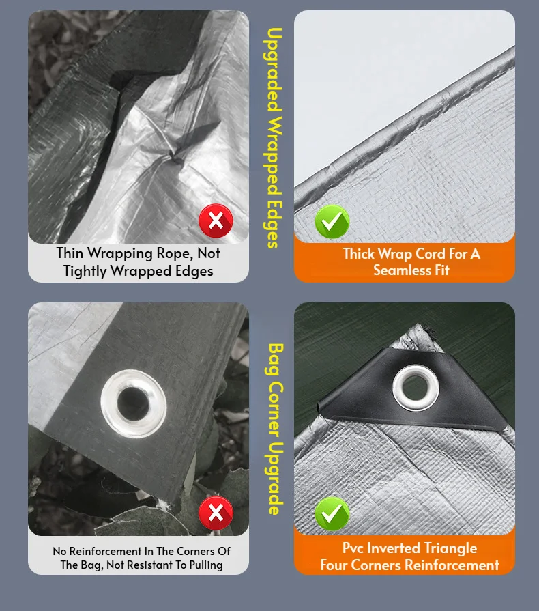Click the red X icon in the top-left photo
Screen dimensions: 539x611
(x=216, y=221)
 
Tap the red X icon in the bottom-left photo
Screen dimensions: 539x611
(x=216, y=513)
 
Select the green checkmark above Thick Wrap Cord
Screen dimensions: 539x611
(x=332, y=221)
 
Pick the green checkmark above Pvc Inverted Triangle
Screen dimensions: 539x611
(x=332, y=513)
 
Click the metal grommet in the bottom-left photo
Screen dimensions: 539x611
(x=134, y=403)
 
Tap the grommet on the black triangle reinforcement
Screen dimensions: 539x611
(x=416, y=388)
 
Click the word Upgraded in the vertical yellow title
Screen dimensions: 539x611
(x=273, y=70)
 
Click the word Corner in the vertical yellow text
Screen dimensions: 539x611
(x=276, y=408)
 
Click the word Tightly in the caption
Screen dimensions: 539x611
(x=85, y=271)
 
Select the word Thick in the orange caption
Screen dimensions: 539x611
(x=358, y=254)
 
